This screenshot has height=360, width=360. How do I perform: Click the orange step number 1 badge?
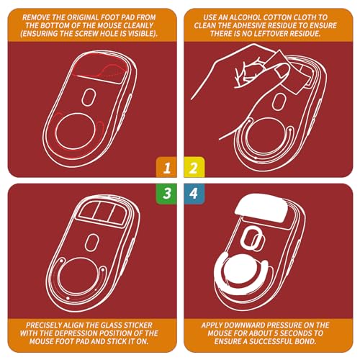pyautogui.click(x=166, y=167)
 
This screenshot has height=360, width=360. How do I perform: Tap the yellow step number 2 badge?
pyautogui.click(x=194, y=167)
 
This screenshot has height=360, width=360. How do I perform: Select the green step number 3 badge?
pyautogui.click(x=166, y=194)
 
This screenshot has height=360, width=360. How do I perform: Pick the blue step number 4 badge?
pyautogui.click(x=194, y=194)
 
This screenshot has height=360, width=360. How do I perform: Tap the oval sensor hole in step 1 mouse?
pyautogui.click(x=89, y=97)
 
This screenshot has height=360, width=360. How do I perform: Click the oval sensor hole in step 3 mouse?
pyautogui.click(x=91, y=243)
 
